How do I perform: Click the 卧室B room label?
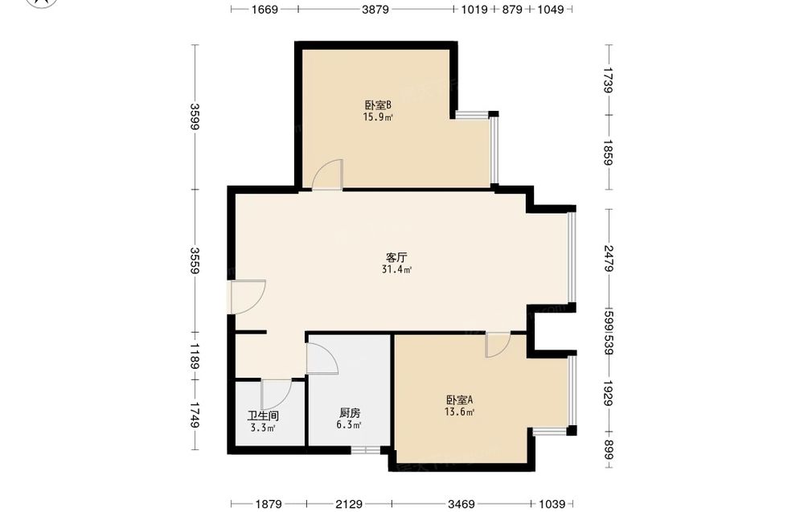coord(379,105)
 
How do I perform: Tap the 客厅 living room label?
coord(396,257)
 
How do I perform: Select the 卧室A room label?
coord(459,399)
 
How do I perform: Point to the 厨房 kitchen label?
coord(350,413)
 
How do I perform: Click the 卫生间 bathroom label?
coord(263,416)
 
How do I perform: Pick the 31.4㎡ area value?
coord(397,269)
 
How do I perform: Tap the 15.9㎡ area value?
coord(379,117)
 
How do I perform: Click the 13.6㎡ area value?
coord(459,412)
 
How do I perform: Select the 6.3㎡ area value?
coord(349,425)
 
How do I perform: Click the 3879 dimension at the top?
coord(375,9)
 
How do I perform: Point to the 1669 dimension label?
coord(264,9)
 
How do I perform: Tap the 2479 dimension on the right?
coord(609,258)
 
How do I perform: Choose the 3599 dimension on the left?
coord(195,117)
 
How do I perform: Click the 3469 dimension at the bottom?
coord(461,504)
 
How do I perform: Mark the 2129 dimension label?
coord(349,504)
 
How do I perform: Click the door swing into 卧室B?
coord(328,174)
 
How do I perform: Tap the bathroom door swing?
coord(277,395)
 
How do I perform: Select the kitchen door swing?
coord(322,358)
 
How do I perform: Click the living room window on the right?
coord(571,257)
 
